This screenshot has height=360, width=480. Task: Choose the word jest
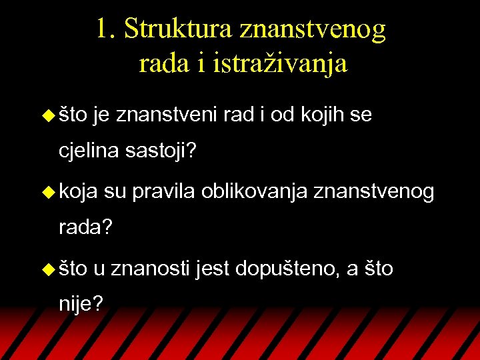pyautogui.click(x=212, y=269)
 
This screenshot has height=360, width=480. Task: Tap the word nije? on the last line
pyautogui.click(x=81, y=305)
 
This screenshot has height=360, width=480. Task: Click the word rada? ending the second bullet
pyautogui.click(x=86, y=228)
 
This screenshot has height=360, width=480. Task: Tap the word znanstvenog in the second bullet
pyautogui.click(x=374, y=193)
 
